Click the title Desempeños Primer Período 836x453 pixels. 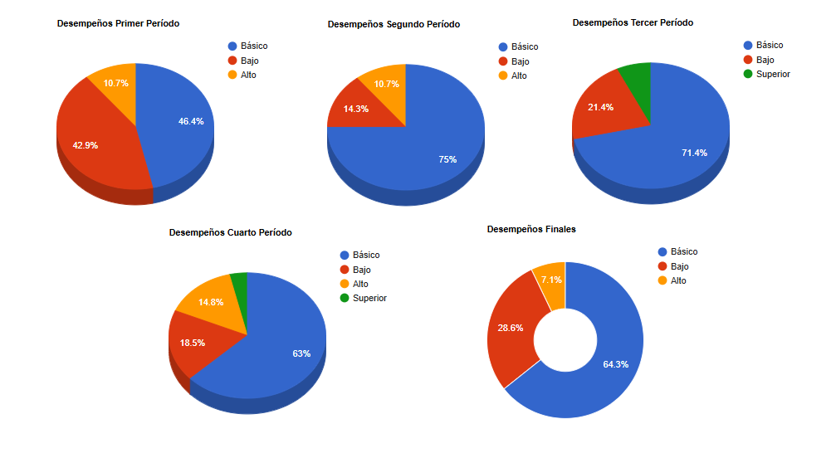(118, 24)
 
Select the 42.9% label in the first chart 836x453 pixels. (85, 145)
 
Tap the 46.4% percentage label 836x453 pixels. (191, 121)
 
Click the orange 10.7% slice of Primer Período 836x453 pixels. (116, 83)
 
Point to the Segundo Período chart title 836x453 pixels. (394, 25)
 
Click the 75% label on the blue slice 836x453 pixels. (447, 159)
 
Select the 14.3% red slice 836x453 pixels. (355, 109)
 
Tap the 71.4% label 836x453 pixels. (694, 153)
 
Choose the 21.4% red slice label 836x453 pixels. (600, 108)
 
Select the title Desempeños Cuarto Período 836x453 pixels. (230, 233)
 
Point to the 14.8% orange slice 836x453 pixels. (211, 302)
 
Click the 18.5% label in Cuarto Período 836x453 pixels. (192, 343)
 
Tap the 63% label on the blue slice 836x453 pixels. (301, 353)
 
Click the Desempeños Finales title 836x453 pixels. (531, 229)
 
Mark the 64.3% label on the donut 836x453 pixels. (615, 364)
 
